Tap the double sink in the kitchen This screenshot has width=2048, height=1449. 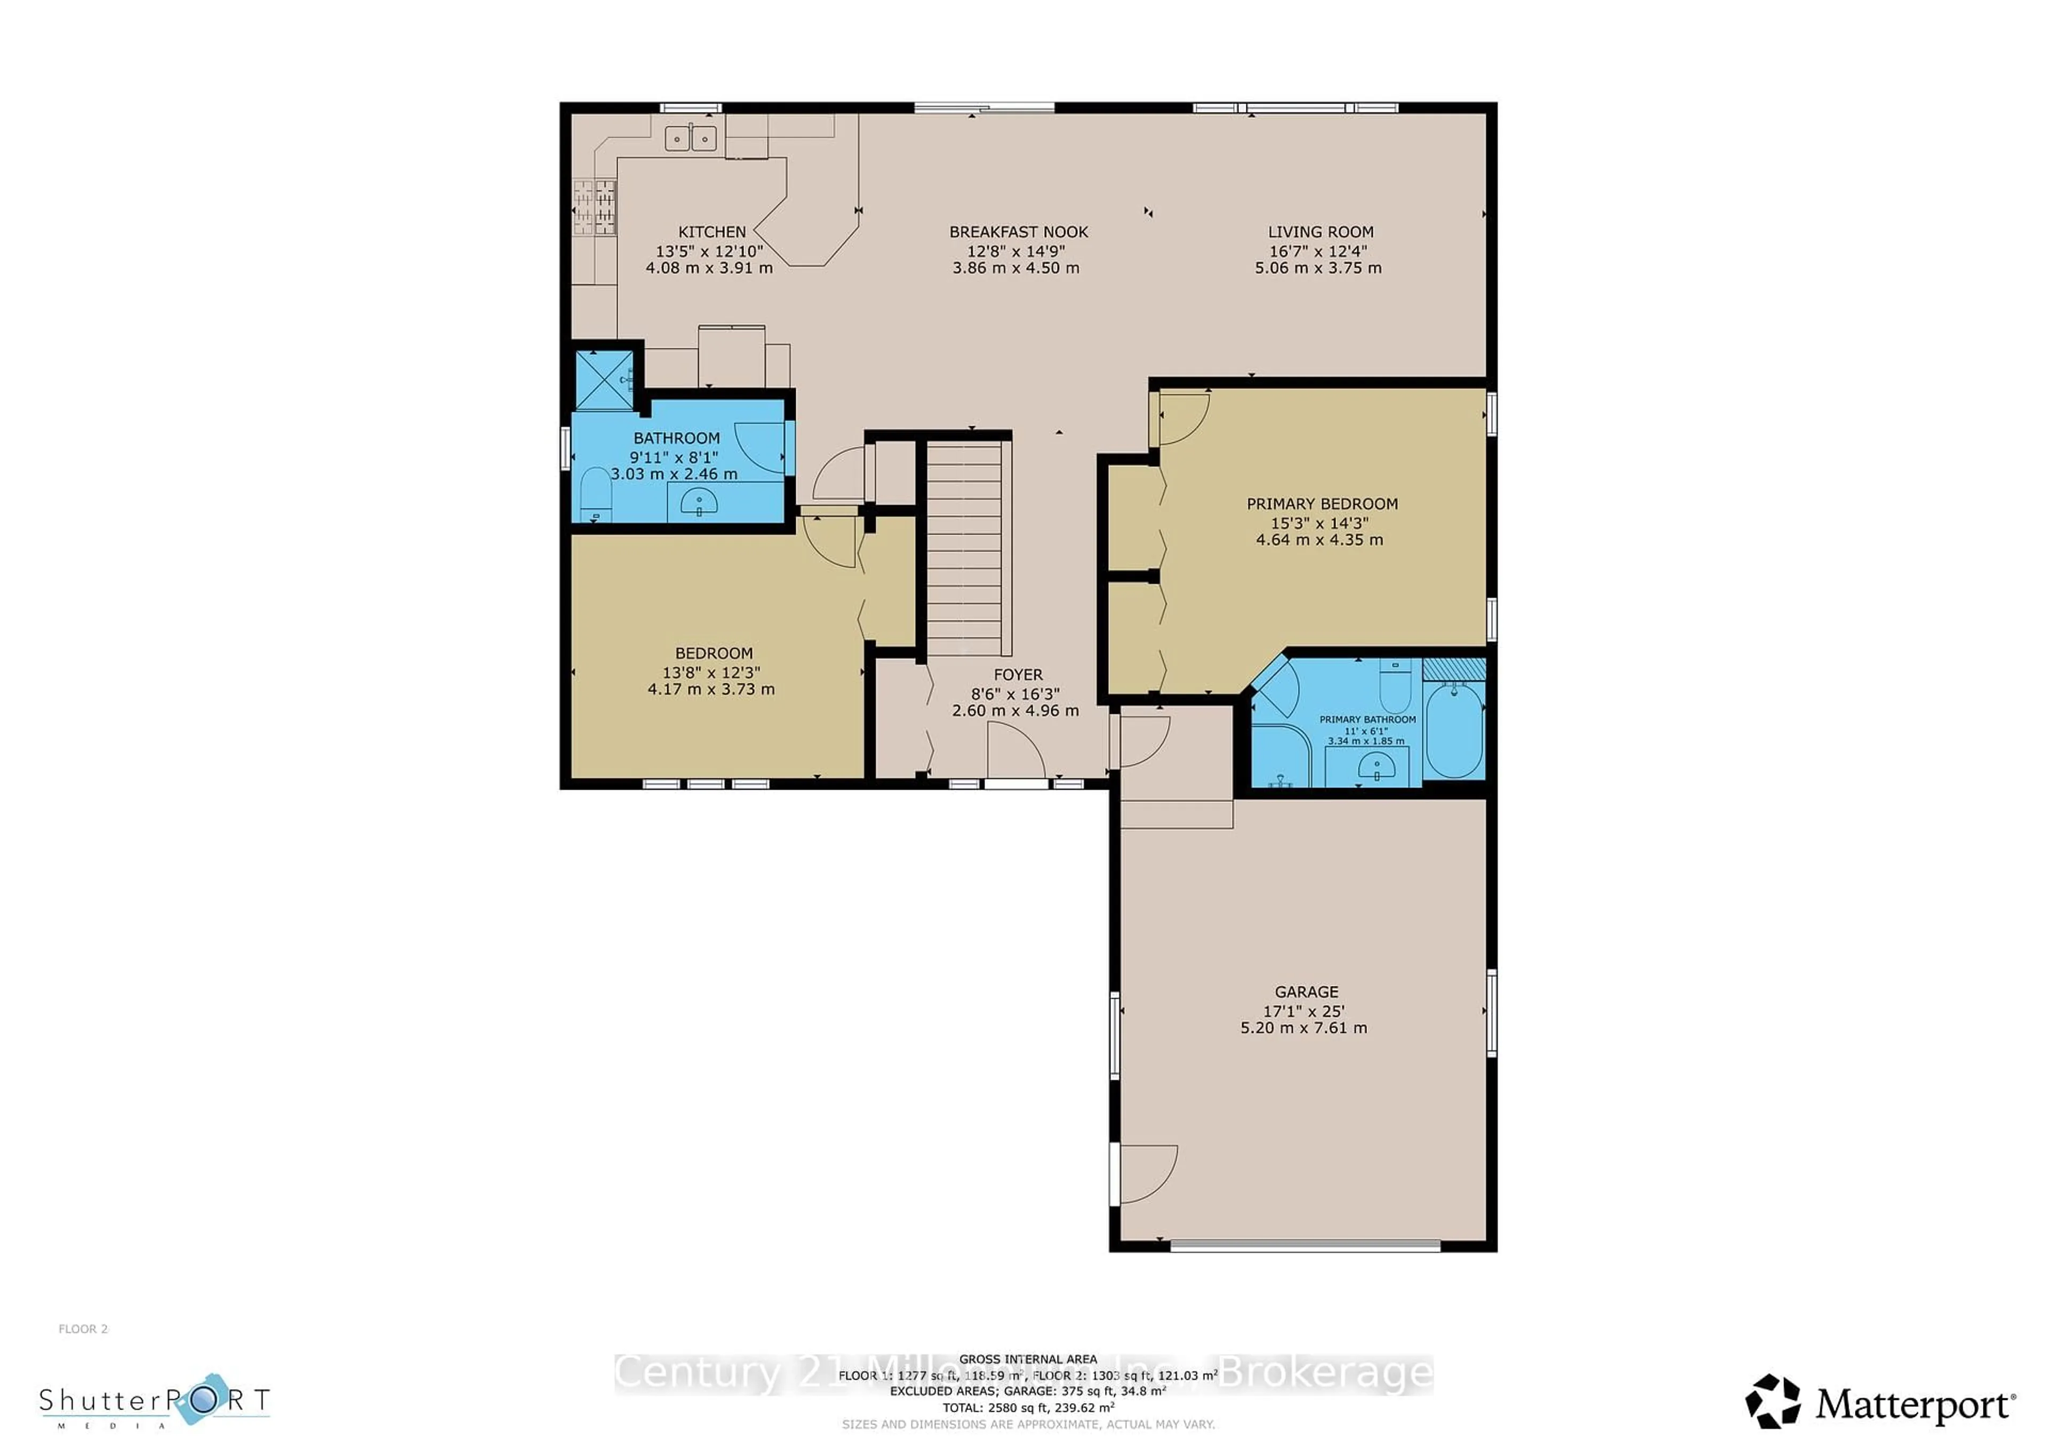point(690,138)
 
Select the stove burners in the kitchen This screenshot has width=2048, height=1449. point(594,207)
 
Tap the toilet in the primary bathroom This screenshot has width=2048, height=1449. point(1394,688)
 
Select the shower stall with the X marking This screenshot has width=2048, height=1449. point(604,380)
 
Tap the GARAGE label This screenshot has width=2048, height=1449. point(1306,991)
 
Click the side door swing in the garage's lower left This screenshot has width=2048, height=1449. point(1147,1173)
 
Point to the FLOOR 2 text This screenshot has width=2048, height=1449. point(83,1328)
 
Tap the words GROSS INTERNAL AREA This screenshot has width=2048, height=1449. point(1028,1359)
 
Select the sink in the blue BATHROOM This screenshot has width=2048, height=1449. point(699,503)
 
